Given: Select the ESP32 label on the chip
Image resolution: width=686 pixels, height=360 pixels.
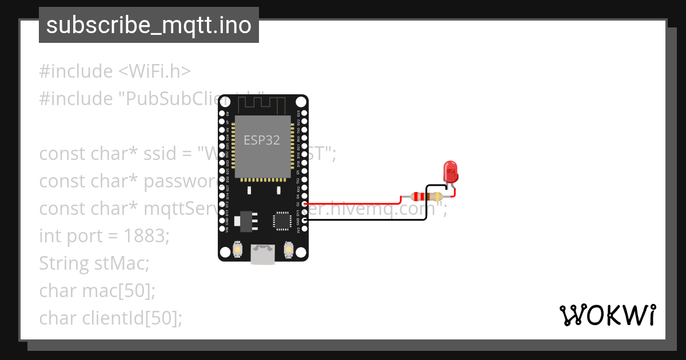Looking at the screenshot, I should point(262,140).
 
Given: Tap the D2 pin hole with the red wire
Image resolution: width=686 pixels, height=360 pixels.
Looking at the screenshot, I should point(305,204).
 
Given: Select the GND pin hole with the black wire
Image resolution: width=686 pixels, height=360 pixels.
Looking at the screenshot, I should point(305,220).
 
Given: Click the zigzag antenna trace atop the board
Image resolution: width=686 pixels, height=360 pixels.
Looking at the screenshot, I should point(262,105).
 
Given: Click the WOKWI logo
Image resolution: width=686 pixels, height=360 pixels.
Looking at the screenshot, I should point(608,315).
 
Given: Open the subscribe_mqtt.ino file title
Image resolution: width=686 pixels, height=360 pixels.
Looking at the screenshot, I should point(149,25).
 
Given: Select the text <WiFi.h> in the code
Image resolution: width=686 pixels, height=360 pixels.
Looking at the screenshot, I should point(154,71).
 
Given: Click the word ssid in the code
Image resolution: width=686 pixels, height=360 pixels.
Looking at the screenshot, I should point(172,154).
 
